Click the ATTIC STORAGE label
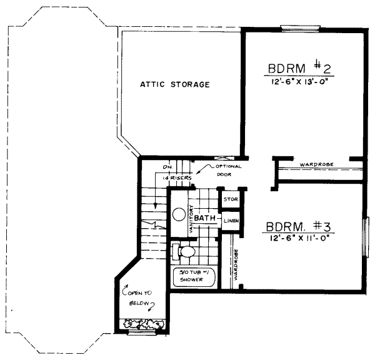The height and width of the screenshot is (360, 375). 174,84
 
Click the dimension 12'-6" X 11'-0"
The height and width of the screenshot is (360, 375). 298,238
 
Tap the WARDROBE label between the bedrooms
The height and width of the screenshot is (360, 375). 316,164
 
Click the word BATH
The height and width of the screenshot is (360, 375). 204,217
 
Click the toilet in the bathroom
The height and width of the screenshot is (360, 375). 183,251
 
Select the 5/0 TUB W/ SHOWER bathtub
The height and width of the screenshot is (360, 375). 193,277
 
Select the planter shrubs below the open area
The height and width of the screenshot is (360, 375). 144,324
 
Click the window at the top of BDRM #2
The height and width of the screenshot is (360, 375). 300,27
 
